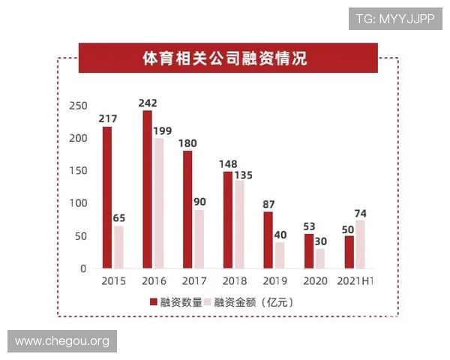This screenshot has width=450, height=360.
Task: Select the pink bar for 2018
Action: pyautogui.click(x=240, y=224)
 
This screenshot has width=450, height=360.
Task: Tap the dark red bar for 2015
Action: pyautogui.click(x=107, y=197)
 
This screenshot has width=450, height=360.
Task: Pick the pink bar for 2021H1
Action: pyautogui.click(x=361, y=244)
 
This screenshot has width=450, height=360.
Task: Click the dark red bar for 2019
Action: pyautogui.click(x=268, y=240)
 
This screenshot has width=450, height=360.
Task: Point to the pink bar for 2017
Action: pyautogui.click(x=199, y=238)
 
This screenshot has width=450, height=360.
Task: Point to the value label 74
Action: pyautogui.click(x=361, y=213)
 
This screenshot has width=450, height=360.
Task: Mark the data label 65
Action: pyautogui.click(x=118, y=218)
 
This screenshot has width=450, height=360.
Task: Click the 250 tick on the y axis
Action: pyautogui.click(x=77, y=106)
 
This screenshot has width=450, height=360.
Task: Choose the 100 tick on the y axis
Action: pyautogui.click(x=77, y=203)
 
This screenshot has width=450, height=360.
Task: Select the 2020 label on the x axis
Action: pyautogui.click(x=315, y=280)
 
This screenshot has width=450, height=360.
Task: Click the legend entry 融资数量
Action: pyautogui.click(x=176, y=302)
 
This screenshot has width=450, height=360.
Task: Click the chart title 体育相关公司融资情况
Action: pyautogui.click(x=225, y=58)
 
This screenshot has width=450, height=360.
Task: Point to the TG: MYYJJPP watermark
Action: pyautogui.click(x=395, y=19)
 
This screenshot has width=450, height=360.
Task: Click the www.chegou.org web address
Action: pyautogui.click(x=62, y=341)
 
